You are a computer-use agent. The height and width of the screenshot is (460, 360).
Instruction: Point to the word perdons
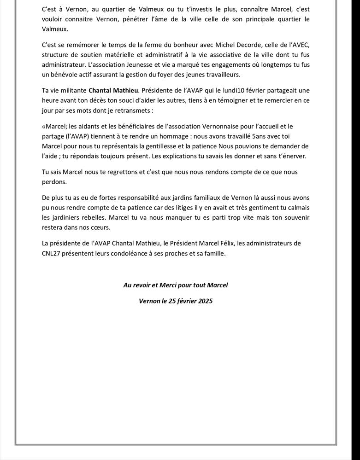(x=54, y=182)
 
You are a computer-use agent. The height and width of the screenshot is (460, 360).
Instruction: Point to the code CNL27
(x=51, y=253)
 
